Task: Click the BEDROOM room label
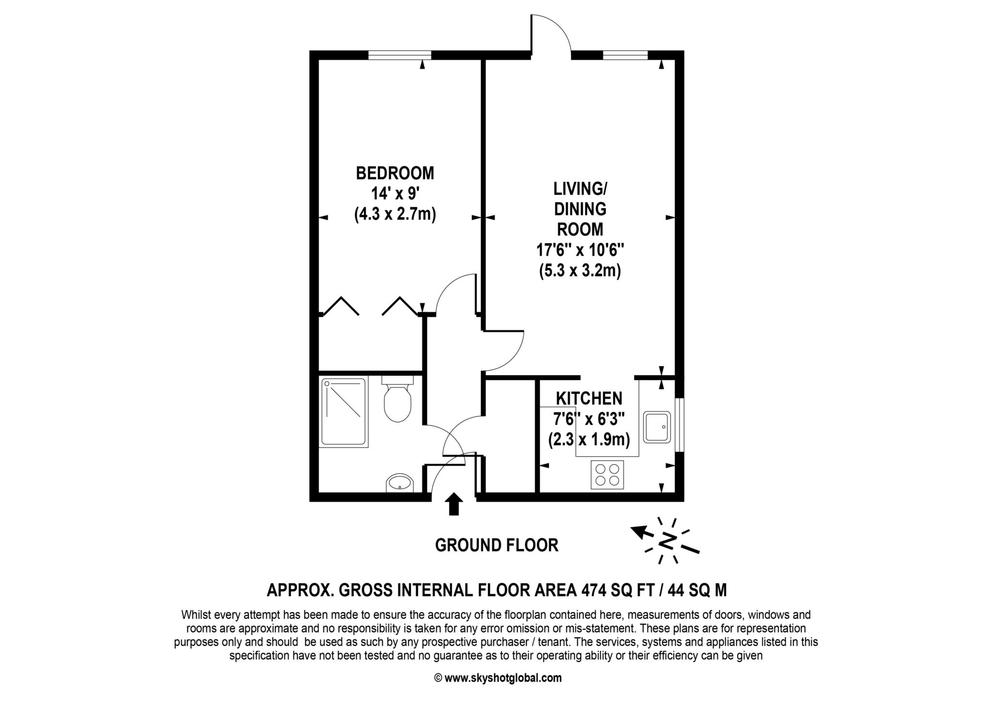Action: [395, 173]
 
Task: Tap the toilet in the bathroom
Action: [397, 399]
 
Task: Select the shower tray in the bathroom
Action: [343, 412]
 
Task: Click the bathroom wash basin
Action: [400, 483]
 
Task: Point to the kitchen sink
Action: [657, 427]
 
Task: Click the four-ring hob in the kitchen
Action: [607, 474]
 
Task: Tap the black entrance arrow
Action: [453, 504]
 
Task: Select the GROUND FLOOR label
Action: [496, 545]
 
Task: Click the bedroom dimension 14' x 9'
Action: [394, 194]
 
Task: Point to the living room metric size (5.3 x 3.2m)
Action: [580, 270]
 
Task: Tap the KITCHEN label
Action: [589, 398]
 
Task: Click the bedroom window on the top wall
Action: [400, 55]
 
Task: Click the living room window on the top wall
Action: [625, 55]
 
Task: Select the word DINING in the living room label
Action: [580, 209]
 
